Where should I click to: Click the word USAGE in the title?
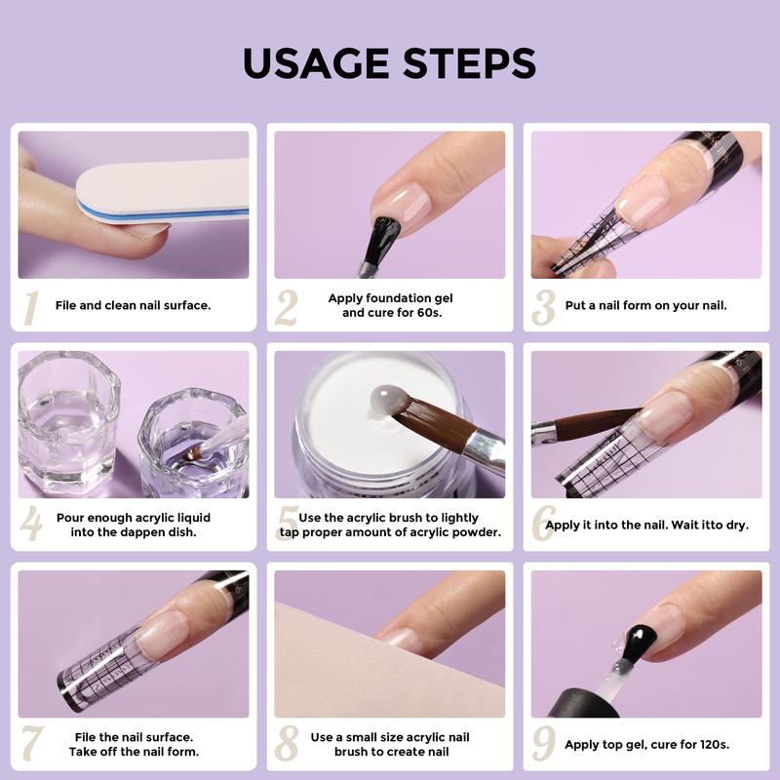pyautogui.click(x=315, y=63)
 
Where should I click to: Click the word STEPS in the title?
pyautogui.click(x=470, y=63)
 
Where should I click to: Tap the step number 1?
pyautogui.click(x=32, y=308)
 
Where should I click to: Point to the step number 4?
pyautogui.click(x=31, y=523)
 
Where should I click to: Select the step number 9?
pyautogui.click(x=544, y=743)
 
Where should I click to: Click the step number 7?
pyautogui.click(x=32, y=743)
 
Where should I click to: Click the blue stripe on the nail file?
pyautogui.click(x=163, y=213)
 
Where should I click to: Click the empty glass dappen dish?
pyautogui.click(x=68, y=423)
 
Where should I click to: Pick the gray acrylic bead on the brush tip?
pyautogui.click(x=386, y=400)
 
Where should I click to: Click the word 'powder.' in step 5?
pyautogui.click(x=479, y=532)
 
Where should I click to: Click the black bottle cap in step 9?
pyautogui.click(x=584, y=703)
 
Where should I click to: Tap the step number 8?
pyautogui.click(x=287, y=743)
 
